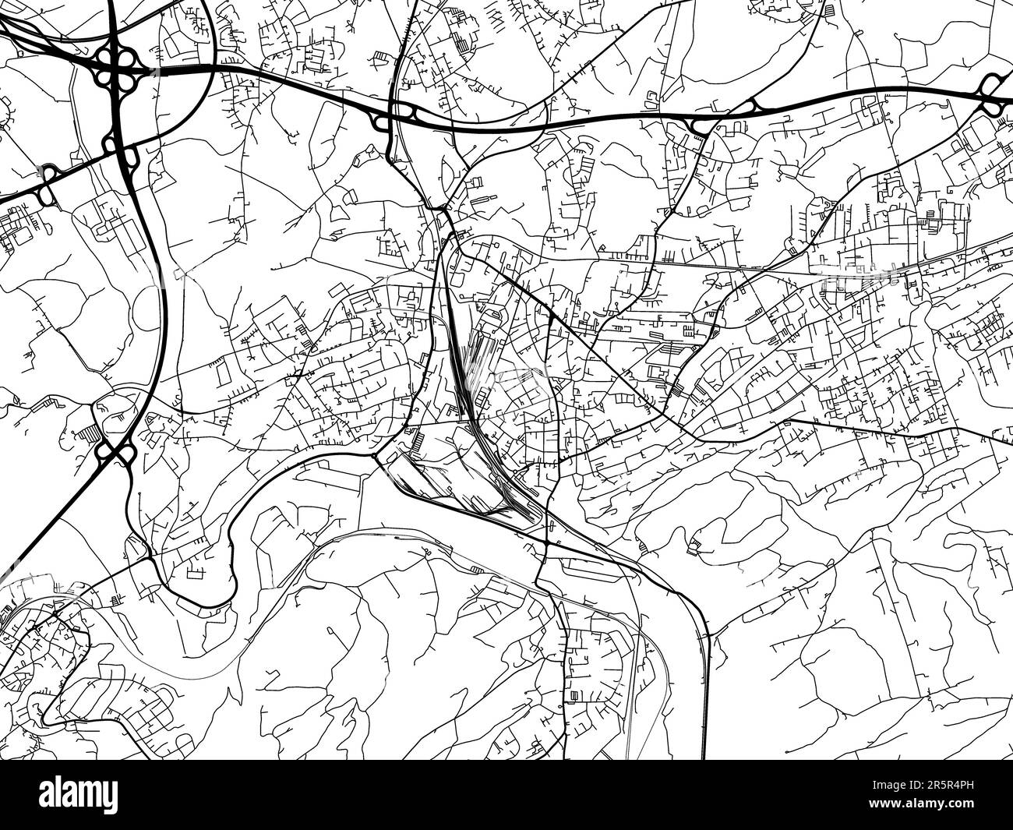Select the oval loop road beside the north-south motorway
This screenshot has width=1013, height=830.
148,308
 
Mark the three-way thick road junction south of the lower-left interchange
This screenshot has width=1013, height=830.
149,557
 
